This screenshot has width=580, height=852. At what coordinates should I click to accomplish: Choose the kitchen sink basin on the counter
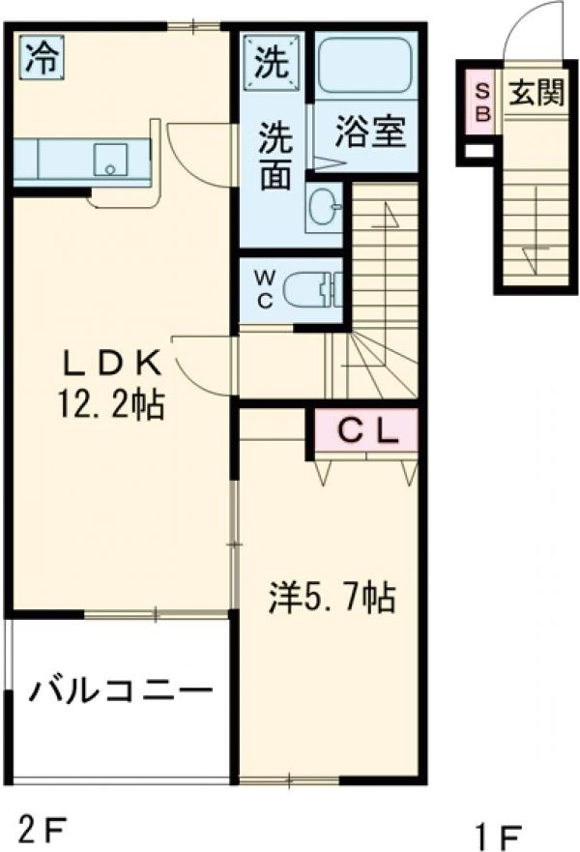point(109,158)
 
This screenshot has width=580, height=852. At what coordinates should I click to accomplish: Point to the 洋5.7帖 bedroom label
point(332,599)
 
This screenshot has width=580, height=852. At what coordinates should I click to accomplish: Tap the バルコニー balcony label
point(119,691)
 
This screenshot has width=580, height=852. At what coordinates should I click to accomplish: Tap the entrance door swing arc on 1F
point(530,29)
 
